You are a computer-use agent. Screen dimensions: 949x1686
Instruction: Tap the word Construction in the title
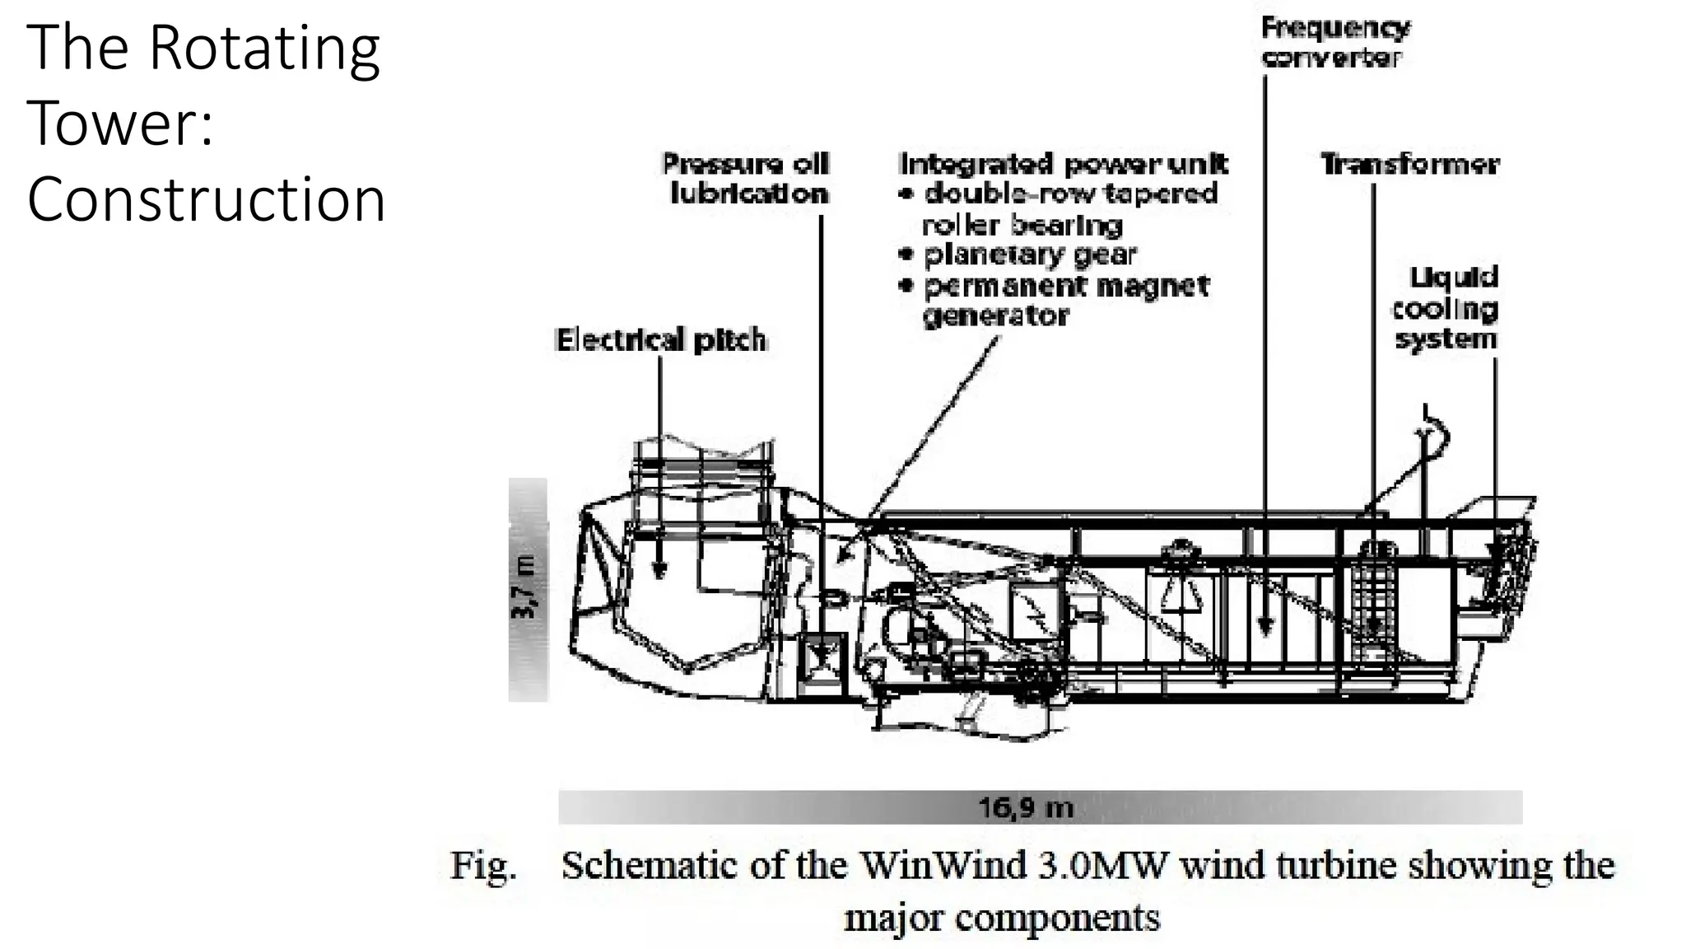click(206, 200)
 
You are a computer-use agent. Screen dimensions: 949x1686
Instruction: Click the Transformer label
click(1409, 165)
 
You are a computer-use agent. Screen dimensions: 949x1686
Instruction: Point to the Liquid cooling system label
click(1445, 308)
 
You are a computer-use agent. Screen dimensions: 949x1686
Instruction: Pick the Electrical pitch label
click(661, 340)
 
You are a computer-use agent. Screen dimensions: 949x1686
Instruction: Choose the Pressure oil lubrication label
click(747, 179)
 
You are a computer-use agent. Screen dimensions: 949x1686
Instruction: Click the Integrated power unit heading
click(1064, 164)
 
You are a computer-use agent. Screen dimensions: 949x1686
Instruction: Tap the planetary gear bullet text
click(1029, 255)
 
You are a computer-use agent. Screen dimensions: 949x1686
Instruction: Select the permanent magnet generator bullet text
click(1065, 301)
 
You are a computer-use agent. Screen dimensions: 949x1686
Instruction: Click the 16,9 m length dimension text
click(1026, 807)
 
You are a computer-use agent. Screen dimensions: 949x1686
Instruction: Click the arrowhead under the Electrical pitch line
click(659, 569)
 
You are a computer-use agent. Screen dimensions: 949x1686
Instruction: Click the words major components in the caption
click(1002, 918)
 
